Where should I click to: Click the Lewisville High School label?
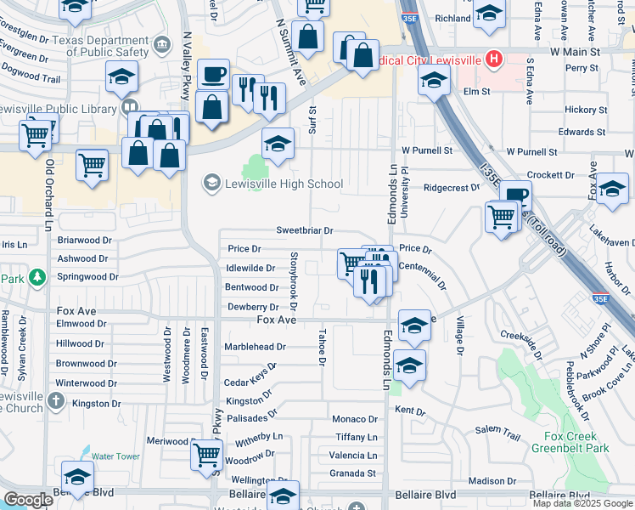pyautogui.click(x=284, y=184)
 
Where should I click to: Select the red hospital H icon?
pyautogui.click(x=492, y=59)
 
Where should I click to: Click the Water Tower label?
pyautogui.click(x=115, y=456)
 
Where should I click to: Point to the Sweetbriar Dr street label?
pyautogui.click(x=304, y=230)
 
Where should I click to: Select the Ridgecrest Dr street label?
pyautogui.click(x=452, y=188)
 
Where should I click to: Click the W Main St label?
pyautogui.click(x=575, y=52)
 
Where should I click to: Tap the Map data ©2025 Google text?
pyautogui.click(x=582, y=503)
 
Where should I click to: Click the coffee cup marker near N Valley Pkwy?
pyautogui.click(x=212, y=75)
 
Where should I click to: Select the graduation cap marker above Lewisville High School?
pyautogui.click(x=277, y=144)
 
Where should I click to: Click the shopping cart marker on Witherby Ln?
pyautogui.click(x=206, y=456)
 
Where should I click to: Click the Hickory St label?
pyautogui.click(x=586, y=110)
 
